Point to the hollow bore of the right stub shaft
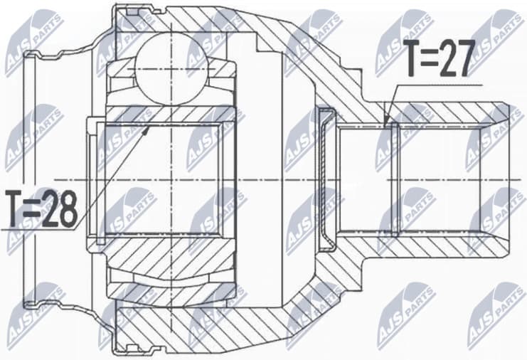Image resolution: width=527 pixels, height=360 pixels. (x=427, y=179)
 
